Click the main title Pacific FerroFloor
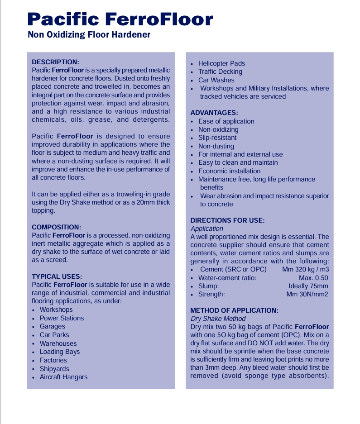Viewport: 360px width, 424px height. [x=120, y=19]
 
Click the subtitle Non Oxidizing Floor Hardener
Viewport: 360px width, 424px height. [x=89, y=35]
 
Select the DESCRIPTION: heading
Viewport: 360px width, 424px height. [x=55, y=62]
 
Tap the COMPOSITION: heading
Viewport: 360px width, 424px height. [x=56, y=227]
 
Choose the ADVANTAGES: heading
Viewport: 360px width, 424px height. [x=214, y=113]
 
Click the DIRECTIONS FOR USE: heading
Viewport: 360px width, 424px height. [x=227, y=220]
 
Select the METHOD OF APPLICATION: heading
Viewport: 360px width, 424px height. [x=234, y=310]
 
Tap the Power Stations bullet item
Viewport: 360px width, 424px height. [x=62, y=318]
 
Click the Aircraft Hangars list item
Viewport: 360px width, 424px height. [x=63, y=377]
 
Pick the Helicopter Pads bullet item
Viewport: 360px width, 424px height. [x=221, y=63]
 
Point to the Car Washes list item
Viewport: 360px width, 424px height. [x=216, y=80]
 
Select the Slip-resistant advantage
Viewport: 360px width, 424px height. [x=217, y=138]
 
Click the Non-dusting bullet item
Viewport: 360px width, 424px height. [x=216, y=146]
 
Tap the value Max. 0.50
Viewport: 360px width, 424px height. [x=313, y=278]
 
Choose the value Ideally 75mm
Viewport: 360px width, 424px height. [x=308, y=286]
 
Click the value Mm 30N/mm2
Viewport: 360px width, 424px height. [x=307, y=294]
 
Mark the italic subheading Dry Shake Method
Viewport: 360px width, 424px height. [x=218, y=319]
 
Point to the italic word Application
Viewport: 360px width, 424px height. [x=207, y=229]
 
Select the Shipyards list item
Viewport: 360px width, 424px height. [x=54, y=369]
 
